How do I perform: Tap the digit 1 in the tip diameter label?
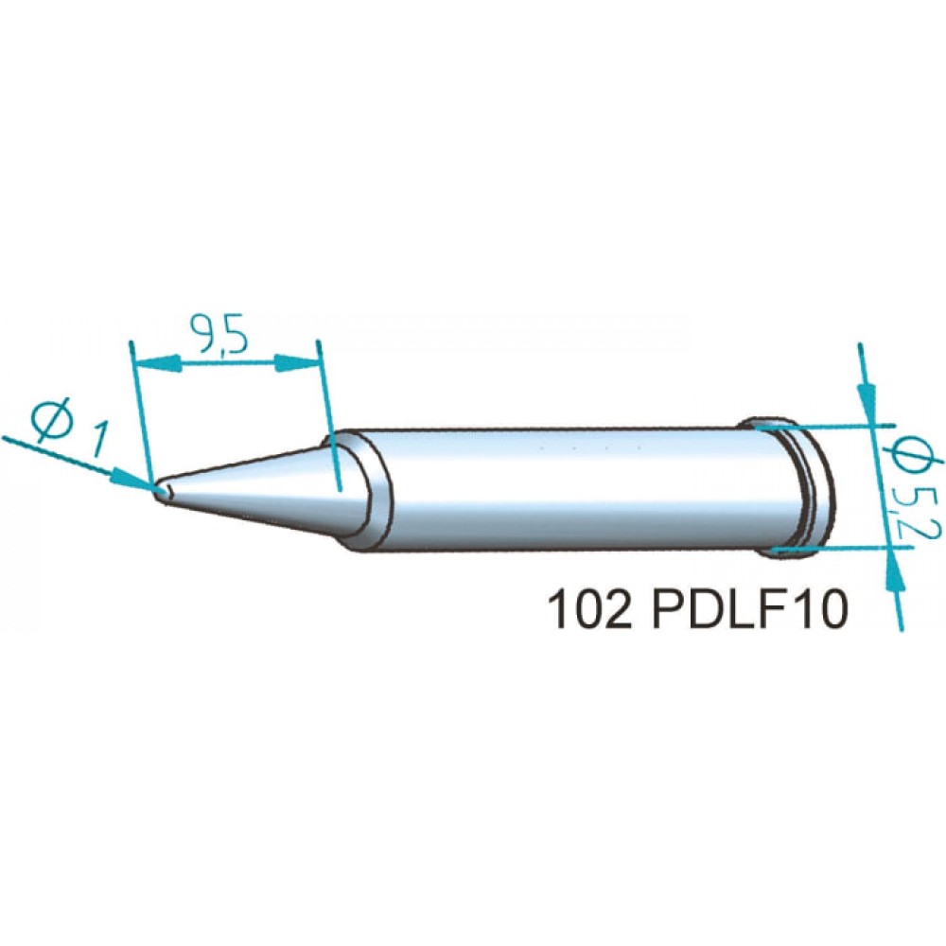click(x=96, y=439)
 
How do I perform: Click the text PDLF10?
click(x=750, y=610)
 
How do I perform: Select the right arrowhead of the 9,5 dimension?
click(x=296, y=363)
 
